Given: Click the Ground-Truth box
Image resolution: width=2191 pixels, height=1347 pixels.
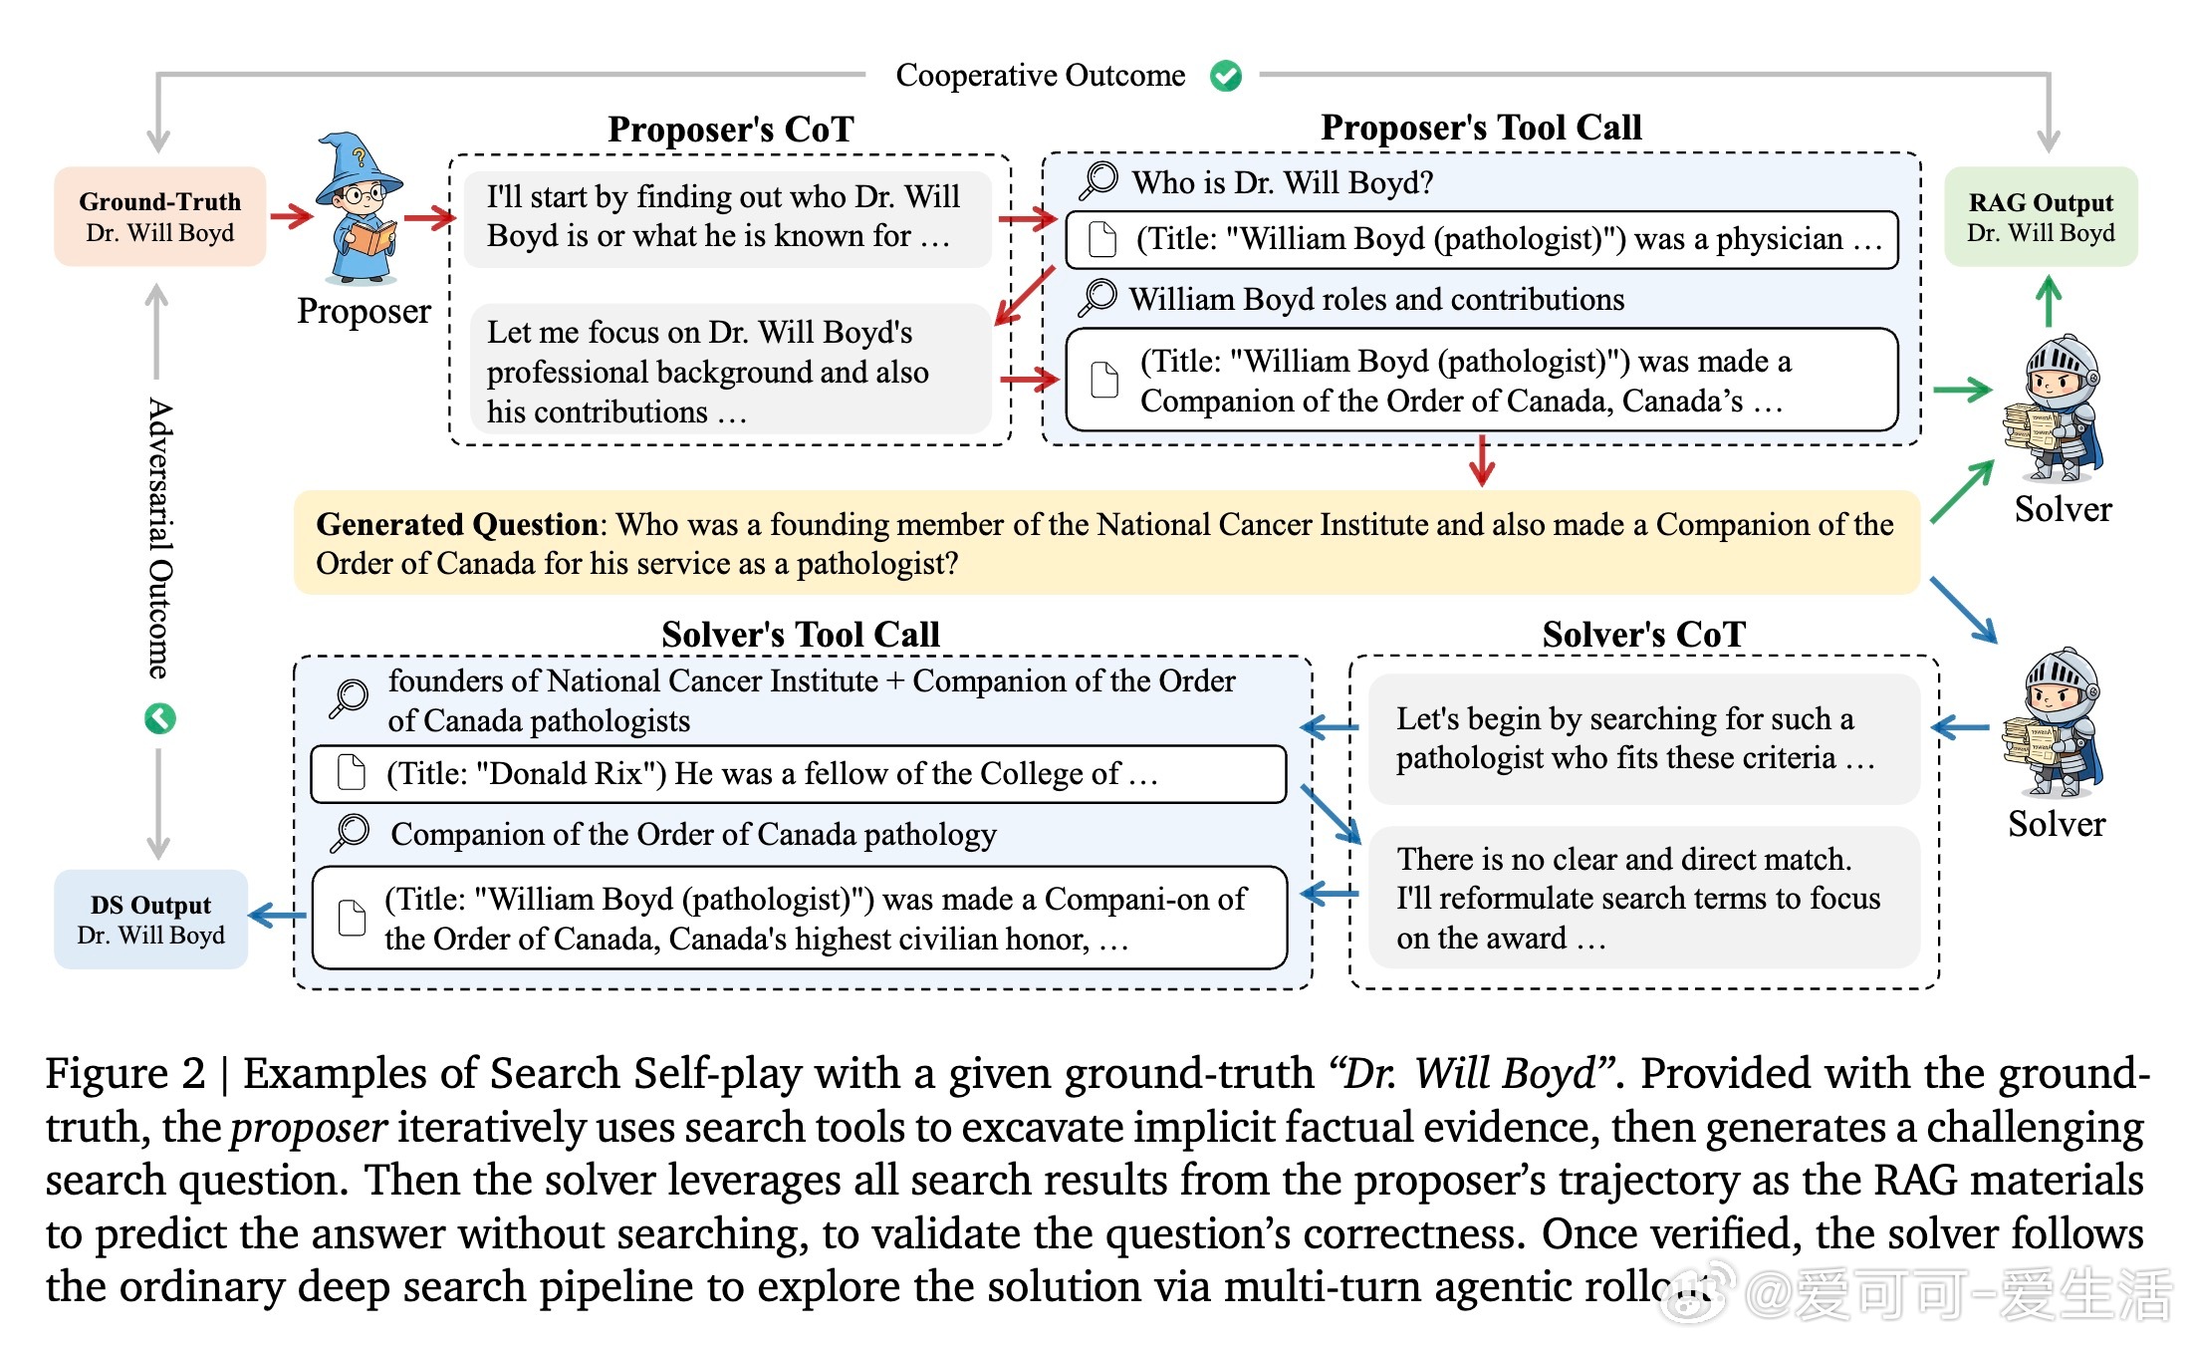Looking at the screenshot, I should [x=159, y=216].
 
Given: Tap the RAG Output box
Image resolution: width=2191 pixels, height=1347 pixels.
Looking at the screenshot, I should [x=2041, y=216].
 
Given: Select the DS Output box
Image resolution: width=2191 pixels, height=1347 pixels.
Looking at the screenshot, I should [x=151, y=919].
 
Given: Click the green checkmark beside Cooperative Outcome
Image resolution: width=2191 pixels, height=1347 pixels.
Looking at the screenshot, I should [x=1226, y=76].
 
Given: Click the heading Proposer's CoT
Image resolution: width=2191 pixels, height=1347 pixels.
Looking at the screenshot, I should [x=731, y=130].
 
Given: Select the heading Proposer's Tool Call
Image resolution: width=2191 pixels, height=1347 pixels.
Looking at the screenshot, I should [x=1481, y=128].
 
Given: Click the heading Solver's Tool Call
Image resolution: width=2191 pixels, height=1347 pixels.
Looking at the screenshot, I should [x=801, y=635].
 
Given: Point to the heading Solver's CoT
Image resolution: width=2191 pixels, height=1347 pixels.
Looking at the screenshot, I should [x=1643, y=635].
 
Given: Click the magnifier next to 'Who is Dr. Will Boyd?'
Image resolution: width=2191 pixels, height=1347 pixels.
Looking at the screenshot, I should [x=1099, y=180].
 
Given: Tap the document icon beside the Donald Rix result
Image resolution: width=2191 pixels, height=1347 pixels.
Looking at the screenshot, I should [x=352, y=773].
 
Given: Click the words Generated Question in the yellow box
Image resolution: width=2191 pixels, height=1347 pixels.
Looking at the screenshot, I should [x=456, y=524].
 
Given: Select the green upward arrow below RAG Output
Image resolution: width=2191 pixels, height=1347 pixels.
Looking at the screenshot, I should [x=2049, y=301].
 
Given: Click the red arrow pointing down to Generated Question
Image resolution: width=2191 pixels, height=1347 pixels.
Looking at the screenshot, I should [x=1482, y=460].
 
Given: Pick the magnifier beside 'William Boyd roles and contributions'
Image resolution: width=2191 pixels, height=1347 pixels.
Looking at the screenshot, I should [x=1097, y=297].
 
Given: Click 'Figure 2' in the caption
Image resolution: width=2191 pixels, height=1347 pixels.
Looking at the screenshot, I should [x=125, y=1074].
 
